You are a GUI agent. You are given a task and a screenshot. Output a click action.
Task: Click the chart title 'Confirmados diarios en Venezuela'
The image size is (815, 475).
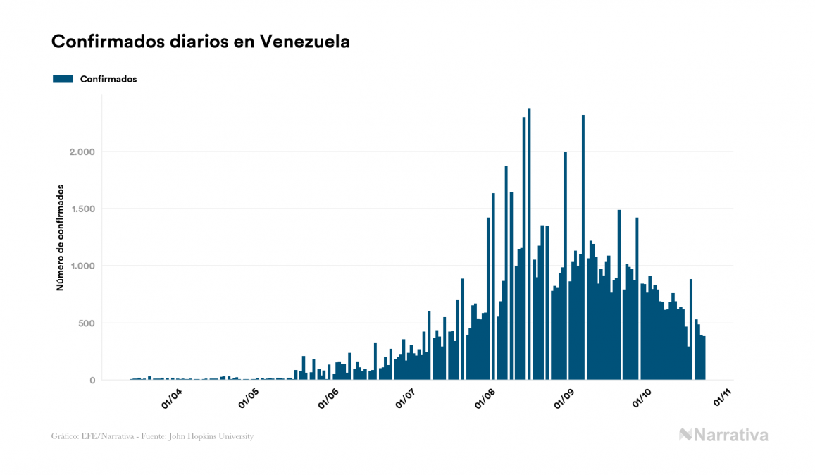(201, 42)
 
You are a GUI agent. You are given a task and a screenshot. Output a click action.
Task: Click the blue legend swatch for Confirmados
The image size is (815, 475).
(63, 79)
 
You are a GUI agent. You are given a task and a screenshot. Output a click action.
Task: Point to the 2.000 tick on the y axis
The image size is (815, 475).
(82, 152)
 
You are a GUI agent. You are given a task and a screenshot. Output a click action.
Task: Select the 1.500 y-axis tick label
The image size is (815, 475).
(82, 209)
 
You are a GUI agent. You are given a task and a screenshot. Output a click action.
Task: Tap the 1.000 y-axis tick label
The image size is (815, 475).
(82, 266)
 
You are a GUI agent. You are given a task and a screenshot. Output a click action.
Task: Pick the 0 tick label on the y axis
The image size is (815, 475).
(92, 381)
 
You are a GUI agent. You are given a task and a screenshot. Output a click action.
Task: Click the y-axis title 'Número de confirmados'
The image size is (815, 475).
(61, 238)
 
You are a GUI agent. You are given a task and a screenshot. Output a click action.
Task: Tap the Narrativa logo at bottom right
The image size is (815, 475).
(723, 435)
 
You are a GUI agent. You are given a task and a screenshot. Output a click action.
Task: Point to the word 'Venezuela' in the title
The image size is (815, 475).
(305, 42)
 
